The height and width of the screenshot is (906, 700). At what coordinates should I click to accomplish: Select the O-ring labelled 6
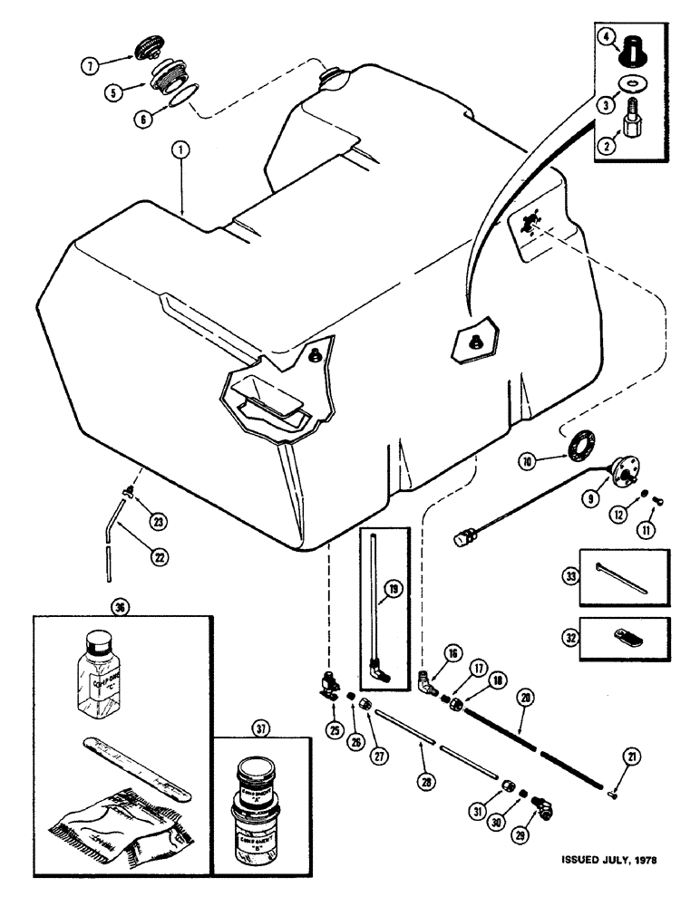pyautogui.click(x=181, y=97)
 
